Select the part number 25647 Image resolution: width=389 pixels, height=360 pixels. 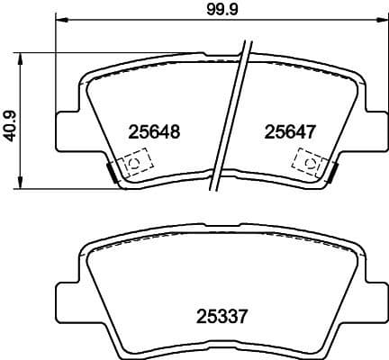point(289,131)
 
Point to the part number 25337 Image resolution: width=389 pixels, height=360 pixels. point(222,316)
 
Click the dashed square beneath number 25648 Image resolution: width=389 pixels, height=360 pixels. point(135,164)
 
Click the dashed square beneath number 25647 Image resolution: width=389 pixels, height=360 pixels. point(307,163)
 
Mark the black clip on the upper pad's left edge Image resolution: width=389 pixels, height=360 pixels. point(110,171)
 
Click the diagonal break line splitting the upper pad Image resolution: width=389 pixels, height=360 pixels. point(230,117)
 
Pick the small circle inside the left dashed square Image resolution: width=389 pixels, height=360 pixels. point(135,164)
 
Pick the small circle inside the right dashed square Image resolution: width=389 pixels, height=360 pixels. point(309,163)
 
